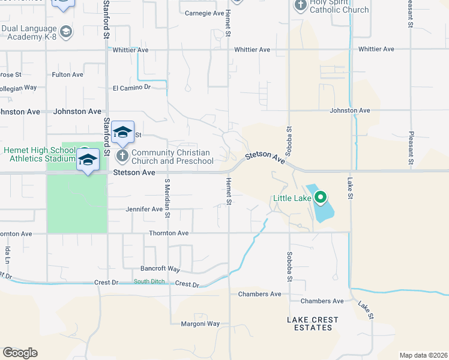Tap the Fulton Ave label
pos(67,74)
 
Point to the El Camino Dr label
pos(131,88)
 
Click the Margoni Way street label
pos(200,324)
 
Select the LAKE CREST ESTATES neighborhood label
pos(313,323)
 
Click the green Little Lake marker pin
pos(321,196)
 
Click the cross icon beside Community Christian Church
pos(122,157)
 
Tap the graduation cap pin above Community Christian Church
pos(122,133)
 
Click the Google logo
pos(20,353)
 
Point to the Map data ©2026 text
pos(423,355)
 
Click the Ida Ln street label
pos(8,254)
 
